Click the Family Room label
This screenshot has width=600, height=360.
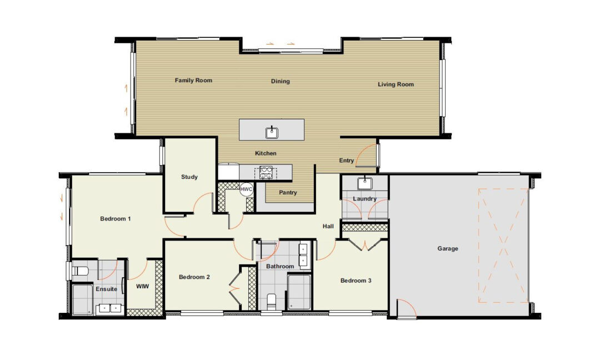193,81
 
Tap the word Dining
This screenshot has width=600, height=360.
281,81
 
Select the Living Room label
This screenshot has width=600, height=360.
396,84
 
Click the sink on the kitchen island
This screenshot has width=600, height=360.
272,132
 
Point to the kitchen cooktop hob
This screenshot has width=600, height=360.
266,173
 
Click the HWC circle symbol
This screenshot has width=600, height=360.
247,189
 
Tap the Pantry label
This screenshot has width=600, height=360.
288,192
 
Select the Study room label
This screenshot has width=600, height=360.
189,177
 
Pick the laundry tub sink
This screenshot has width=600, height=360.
365,184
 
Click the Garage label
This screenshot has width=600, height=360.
448,249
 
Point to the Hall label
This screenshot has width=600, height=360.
328,226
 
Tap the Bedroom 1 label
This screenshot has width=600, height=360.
116,219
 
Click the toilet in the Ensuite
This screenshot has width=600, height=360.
80,271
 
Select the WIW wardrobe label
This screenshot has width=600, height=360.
143,286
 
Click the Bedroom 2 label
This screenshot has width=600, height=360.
194,277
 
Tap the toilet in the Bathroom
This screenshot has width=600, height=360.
271,302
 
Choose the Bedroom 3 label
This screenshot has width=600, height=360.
356,281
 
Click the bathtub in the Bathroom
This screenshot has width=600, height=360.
299,292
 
